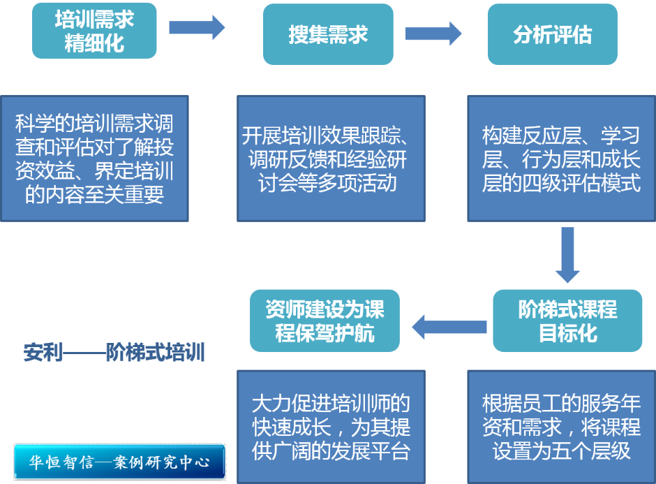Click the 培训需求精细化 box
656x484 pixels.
pyautogui.click(x=94, y=31)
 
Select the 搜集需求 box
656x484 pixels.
pyautogui.click(x=328, y=34)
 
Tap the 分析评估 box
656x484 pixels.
pyautogui.click(x=552, y=34)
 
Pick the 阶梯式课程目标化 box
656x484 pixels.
pyautogui.click(x=567, y=321)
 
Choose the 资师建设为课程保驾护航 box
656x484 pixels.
pyautogui.click(x=325, y=321)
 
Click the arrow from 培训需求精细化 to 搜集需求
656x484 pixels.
pyautogui.click(x=197, y=28)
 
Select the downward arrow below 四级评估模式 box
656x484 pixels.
pyautogui.click(x=567, y=255)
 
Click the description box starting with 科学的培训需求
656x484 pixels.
pyautogui.click(x=94, y=159)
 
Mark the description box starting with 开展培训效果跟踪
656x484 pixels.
pyautogui.click(x=331, y=159)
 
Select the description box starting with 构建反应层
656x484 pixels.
pyautogui.click(x=561, y=159)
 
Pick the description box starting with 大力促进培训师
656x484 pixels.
pyautogui.click(x=331, y=427)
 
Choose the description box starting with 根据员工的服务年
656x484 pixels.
pyautogui.click(x=561, y=427)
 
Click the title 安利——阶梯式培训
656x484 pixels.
pyautogui.click(x=114, y=352)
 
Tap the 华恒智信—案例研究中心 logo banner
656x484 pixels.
pyautogui.click(x=120, y=462)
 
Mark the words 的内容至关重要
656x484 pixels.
pyautogui.click(x=94, y=194)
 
